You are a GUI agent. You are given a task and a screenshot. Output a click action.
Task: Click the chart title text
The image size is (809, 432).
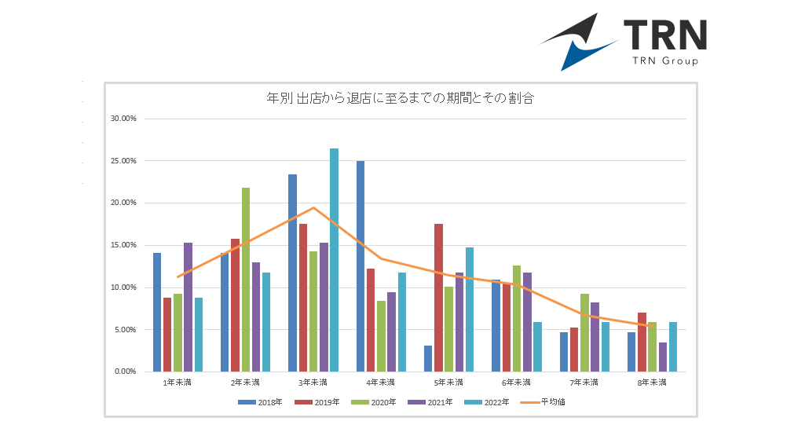pos(401,98)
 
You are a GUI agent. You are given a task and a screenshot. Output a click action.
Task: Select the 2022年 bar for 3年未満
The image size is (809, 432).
pos(334,259)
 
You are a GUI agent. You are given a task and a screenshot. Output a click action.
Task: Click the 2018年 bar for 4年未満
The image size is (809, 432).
pos(361,265)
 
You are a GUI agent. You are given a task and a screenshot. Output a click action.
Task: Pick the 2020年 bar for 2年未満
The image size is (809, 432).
pos(246,279)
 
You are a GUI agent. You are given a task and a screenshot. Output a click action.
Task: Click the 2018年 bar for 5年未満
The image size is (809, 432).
pos(428,358)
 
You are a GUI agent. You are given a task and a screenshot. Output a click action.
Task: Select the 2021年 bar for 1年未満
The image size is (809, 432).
pos(188,306)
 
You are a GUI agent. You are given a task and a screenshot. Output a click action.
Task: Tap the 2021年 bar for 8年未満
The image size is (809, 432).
pos(663,357)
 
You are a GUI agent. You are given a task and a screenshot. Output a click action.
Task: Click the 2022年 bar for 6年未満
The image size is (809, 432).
pos(537,346)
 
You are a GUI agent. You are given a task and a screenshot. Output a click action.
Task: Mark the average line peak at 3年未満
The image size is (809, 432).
pos(313,207)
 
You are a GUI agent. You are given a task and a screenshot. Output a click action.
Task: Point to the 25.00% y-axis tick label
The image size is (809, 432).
pos(123,161)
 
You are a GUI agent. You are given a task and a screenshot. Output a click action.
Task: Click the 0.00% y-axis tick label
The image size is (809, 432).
pos(126,372)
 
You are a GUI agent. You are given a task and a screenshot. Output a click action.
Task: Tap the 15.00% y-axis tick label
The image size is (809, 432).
pos(123,245)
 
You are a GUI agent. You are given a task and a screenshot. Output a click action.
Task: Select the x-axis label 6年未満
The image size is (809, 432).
pos(516,383)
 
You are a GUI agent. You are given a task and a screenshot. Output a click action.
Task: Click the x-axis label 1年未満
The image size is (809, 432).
pos(177,383)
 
